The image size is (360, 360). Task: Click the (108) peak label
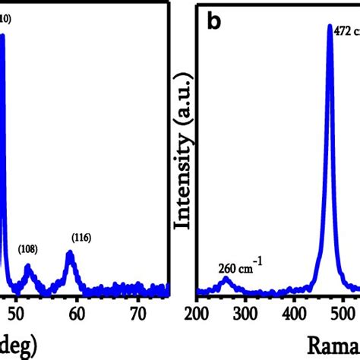(28, 248)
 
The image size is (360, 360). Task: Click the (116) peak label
(81, 238)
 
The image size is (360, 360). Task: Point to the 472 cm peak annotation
(346, 30)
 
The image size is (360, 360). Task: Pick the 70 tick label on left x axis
(137, 312)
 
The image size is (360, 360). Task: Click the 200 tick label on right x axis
(197, 312)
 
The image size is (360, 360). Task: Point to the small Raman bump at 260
(226, 280)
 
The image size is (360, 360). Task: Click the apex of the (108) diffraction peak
(28, 267)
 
